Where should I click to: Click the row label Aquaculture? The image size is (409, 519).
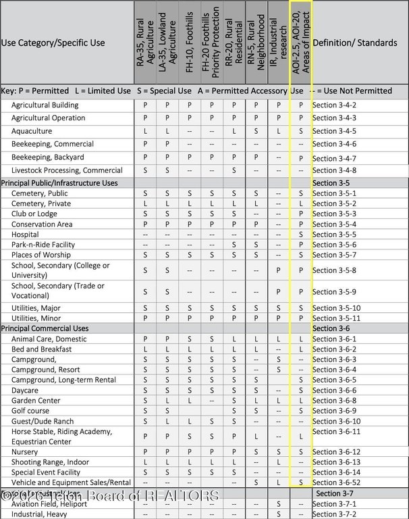coord(31,131)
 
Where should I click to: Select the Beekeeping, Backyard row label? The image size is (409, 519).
coord(48,157)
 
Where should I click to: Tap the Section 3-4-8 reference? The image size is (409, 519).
coord(335,170)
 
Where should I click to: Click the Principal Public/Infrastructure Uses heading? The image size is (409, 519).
coord(59,182)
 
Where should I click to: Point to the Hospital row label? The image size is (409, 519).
coord(25,234)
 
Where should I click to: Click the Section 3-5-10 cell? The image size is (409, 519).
coord(337,308)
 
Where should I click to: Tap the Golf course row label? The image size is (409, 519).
coord(30,411)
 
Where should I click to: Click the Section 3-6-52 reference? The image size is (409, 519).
coord(337,482)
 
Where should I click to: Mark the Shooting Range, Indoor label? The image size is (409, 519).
coord(50,462)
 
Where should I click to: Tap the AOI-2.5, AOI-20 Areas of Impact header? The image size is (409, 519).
coord(300,41)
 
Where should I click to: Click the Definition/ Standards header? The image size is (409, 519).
coord(355,43)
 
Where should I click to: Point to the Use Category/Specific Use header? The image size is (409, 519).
coord(53,43)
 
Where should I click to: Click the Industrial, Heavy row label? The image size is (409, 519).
coord(40,514)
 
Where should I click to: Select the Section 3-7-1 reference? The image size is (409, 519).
coord(335,504)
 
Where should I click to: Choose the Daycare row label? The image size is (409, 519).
coord(25,391)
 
